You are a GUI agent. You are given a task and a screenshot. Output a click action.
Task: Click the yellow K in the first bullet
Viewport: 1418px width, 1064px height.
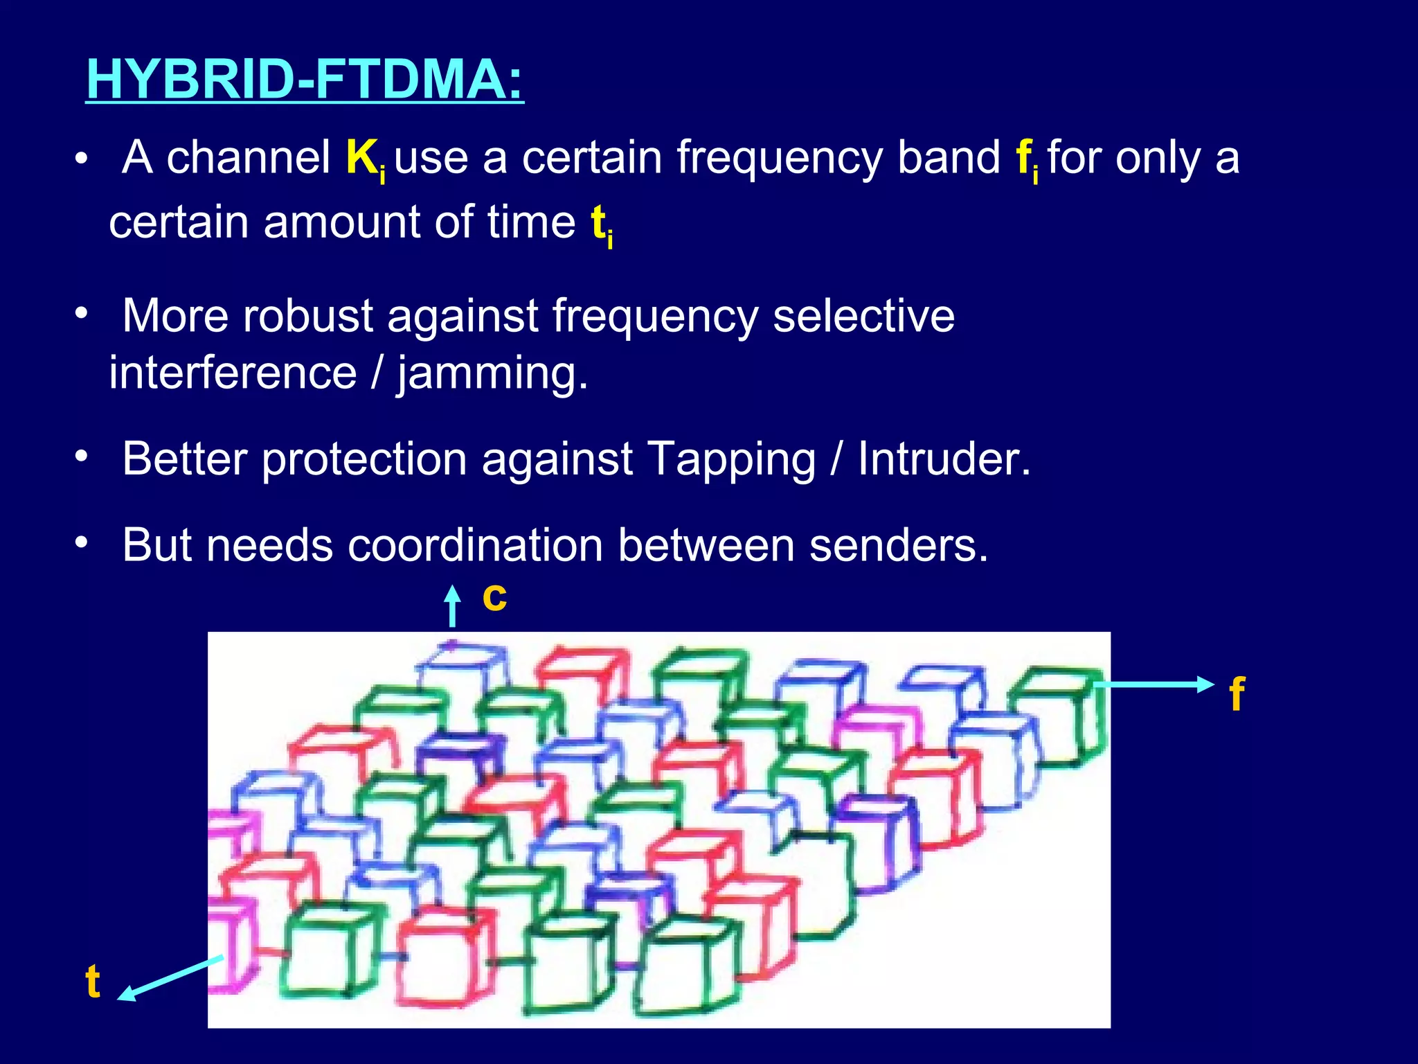click(x=361, y=157)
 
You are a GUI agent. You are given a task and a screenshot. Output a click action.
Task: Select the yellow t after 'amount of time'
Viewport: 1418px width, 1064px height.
click(x=598, y=222)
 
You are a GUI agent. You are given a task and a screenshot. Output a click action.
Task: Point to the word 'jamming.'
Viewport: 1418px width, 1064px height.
click(x=492, y=373)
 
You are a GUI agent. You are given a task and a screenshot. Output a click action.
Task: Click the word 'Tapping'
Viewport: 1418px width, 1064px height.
click(x=731, y=460)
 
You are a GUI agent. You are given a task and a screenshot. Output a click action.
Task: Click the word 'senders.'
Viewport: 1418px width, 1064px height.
click(x=899, y=545)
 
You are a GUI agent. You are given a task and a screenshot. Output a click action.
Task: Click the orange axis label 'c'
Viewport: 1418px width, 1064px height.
click(x=494, y=597)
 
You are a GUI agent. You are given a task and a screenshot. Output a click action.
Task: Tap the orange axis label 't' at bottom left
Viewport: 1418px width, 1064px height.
click(x=93, y=982)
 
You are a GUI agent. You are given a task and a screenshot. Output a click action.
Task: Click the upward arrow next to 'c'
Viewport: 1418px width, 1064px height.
click(x=452, y=605)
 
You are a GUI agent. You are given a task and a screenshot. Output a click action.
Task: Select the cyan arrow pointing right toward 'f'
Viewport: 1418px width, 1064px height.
click(x=1153, y=684)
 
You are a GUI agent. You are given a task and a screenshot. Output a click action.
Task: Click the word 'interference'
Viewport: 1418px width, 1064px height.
click(x=233, y=373)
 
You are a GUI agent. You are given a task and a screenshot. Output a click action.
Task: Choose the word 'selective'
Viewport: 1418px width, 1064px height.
click(x=863, y=316)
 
